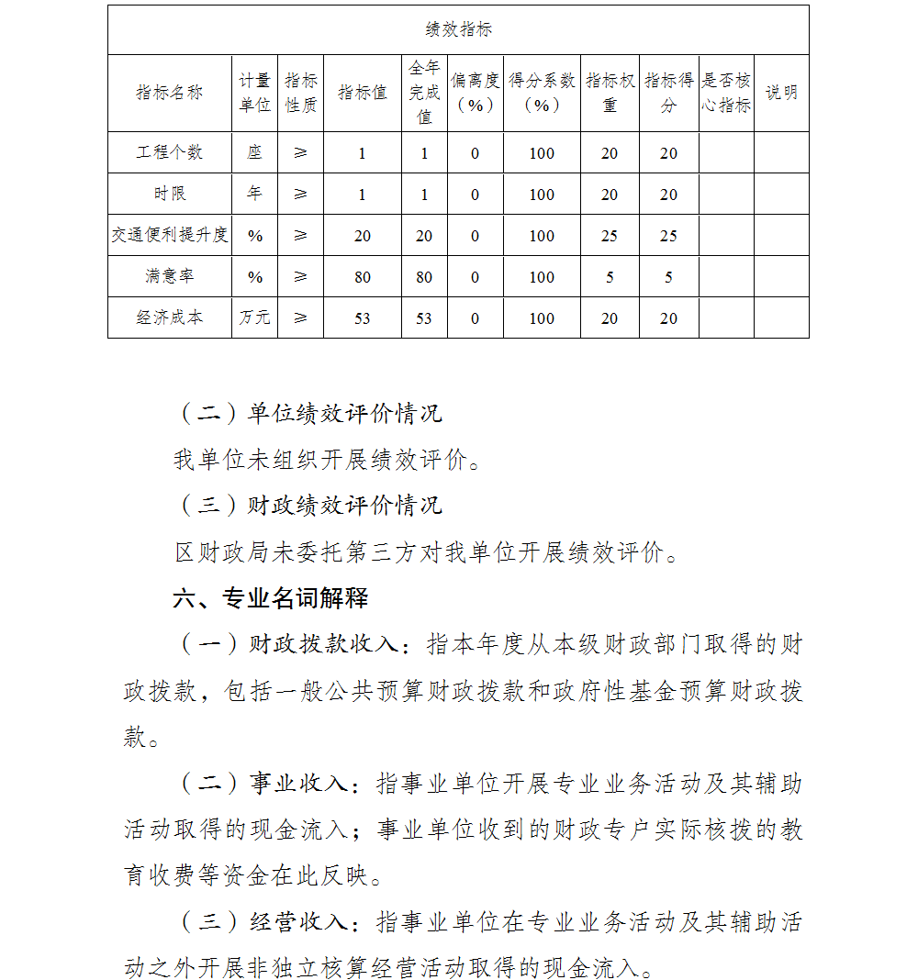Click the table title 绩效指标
click(x=458, y=30)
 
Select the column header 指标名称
click(x=170, y=93)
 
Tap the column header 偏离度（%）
click(x=475, y=93)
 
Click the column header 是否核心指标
click(x=726, y=93)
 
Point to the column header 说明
click(x=781, y=93)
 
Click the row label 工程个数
click(x=170, y=152)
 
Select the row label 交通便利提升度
click(x=170, y=235)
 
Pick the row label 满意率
click(x=170, y=276)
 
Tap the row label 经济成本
click(x=170, y=317)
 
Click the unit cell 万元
click(x=254, y=317)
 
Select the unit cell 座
click(x=254, y=152)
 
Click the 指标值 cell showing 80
click(x=363, y=277)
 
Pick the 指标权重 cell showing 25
click(x=610, y=236)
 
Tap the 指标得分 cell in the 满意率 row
click(x=668, y=277)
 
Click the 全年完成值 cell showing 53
click(x=424, y=318)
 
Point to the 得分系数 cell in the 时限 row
click(x=542, y=195)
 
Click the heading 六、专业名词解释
click(x=271, y=599)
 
